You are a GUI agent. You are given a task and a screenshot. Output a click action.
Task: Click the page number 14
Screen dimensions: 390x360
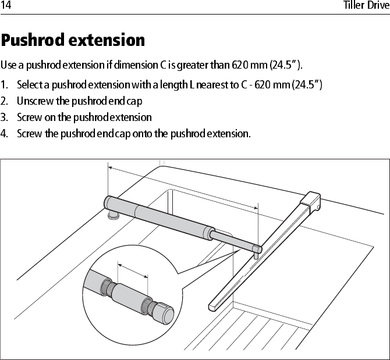coord(6,6)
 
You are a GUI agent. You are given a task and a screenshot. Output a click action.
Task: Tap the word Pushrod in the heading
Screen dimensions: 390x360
coord(32,41)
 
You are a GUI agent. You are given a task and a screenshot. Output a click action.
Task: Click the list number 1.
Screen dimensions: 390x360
coord(4,85)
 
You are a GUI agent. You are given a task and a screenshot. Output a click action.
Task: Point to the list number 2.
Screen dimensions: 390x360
coord(4,101)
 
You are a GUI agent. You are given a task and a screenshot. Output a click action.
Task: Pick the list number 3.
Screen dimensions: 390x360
coord(4,117)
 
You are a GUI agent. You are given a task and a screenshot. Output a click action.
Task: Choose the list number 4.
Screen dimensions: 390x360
coord(4,134)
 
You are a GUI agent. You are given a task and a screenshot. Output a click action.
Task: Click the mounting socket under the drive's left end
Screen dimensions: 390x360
coord(113,216)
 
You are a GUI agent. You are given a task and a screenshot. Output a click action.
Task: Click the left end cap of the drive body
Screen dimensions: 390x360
coord(108,203)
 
